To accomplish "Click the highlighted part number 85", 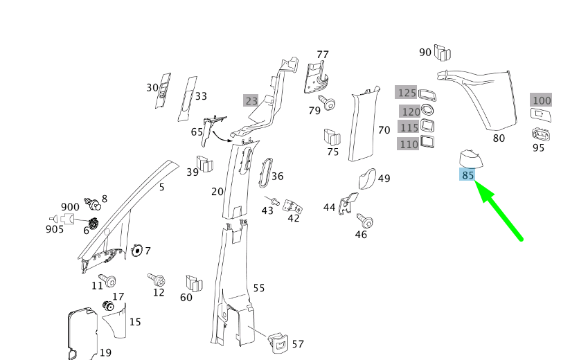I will (x=468, y=175).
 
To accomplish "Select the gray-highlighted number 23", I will (x=251, y=100).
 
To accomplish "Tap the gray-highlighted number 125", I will (x=406, y=93).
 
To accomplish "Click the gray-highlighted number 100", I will (x=541, y=100).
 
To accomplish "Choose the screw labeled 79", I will (x=329, y=105).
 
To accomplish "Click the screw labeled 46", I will (x=365, y=222).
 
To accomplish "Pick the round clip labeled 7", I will (x=136, y=250).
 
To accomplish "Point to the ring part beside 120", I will (x=428, y=111).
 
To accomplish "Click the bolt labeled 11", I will (x=108, y=281).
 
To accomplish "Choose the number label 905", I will (x=55, y=229).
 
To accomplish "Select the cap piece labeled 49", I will (x=367, y=179).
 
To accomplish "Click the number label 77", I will (x=323, y=55).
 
